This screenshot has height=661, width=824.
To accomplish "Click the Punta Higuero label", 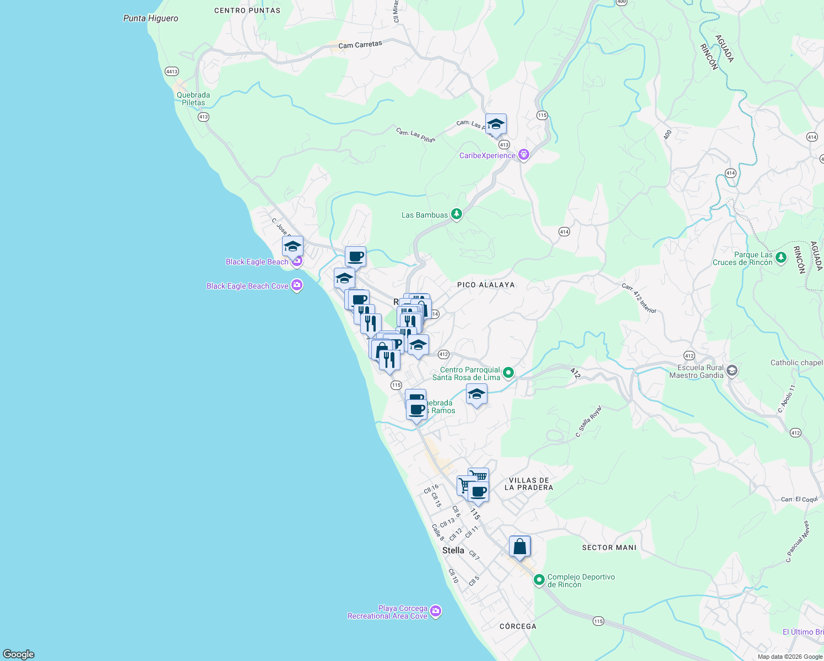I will click(x=150, y=18).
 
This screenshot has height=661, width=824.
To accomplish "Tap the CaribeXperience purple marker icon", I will click(x=524, y=155).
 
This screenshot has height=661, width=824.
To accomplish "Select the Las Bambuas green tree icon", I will click(x=456, y=214).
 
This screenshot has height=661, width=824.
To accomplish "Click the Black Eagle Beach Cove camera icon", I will click(x=297, y=285).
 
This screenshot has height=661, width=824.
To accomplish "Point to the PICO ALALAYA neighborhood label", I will click(x=486, y=285).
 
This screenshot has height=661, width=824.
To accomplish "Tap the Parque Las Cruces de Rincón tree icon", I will click(x=780, y=257).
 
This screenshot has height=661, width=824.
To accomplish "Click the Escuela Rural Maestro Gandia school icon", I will click(x=731, y=371).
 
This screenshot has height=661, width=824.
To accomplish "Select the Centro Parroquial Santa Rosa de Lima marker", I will click(x=508, y=373).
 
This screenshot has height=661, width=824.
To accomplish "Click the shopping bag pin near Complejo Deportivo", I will click(x=519, y=547).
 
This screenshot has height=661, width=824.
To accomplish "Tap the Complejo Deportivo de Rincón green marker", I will click(x=539, y=580).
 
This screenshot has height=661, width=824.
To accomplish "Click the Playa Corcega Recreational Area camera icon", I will click(x=436, y=611).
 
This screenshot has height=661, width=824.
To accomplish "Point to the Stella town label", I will click(x=453, y=550).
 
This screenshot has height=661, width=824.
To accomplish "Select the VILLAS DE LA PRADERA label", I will click(x=529, y=484).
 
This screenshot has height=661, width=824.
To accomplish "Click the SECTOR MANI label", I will click(x=609, y=548).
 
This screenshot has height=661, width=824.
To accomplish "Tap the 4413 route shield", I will click(x=172, y=72).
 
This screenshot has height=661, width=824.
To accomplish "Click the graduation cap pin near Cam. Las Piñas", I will click(x=496, y=124).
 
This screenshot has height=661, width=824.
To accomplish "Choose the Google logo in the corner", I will click(x=19, y=654).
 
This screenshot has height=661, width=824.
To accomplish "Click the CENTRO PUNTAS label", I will click(x=247, y=10).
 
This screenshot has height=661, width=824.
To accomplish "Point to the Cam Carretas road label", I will click(x=360, y=45).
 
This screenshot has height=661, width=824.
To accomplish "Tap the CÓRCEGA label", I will click(x=518, y=626).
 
